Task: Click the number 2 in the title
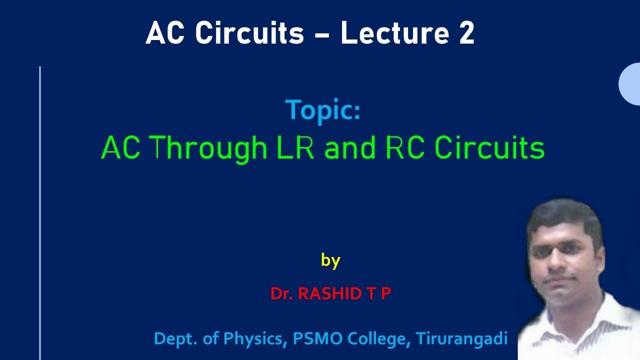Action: point(464,34)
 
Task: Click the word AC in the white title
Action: point(167,34)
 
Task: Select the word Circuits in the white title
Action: point(249,34)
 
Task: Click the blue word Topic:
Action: point(322,110)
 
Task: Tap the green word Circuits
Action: point(489,148)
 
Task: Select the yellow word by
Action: point(330,260)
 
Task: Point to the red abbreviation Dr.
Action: point(281,293)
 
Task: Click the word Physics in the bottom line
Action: point(252,339)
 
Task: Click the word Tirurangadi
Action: point(462,339)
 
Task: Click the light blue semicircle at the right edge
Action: point(630,84)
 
